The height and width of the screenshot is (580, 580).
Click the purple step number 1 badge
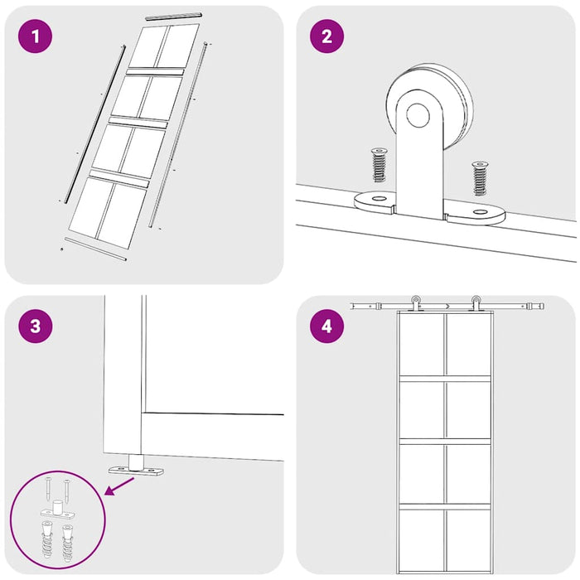(35, 37)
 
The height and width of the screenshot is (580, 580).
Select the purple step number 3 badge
(35, 326)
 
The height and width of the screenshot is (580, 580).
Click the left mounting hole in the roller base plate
(377, 199)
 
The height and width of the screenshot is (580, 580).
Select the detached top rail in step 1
(173, 16)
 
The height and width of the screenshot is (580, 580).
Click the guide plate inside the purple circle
(57, 513)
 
